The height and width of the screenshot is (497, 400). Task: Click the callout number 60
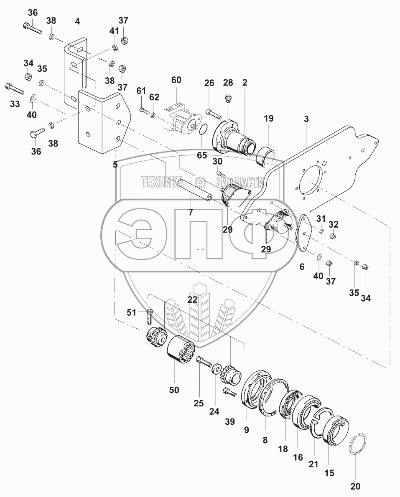click(x=176, y=80)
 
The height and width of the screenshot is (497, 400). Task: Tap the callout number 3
click(x=306, y=119)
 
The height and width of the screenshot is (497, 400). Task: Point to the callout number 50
click(x=174, y=390)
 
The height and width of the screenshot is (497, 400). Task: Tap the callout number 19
click(x=268, y=119)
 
